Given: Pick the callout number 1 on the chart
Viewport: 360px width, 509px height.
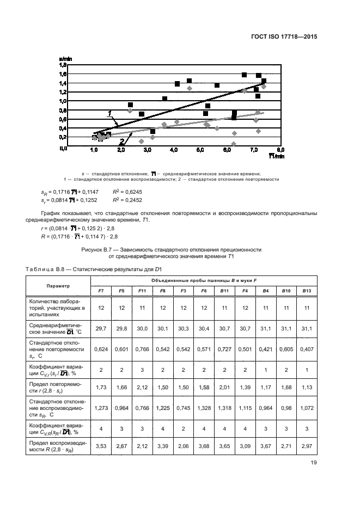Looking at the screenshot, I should (109, 114).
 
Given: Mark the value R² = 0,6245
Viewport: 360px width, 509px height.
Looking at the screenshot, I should (127, 192).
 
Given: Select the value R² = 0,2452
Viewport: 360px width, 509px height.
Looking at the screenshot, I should (127, 200).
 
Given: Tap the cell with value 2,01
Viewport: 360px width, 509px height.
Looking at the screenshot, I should (224, 386).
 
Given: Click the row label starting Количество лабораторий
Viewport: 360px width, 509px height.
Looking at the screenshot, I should (58, 308).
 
